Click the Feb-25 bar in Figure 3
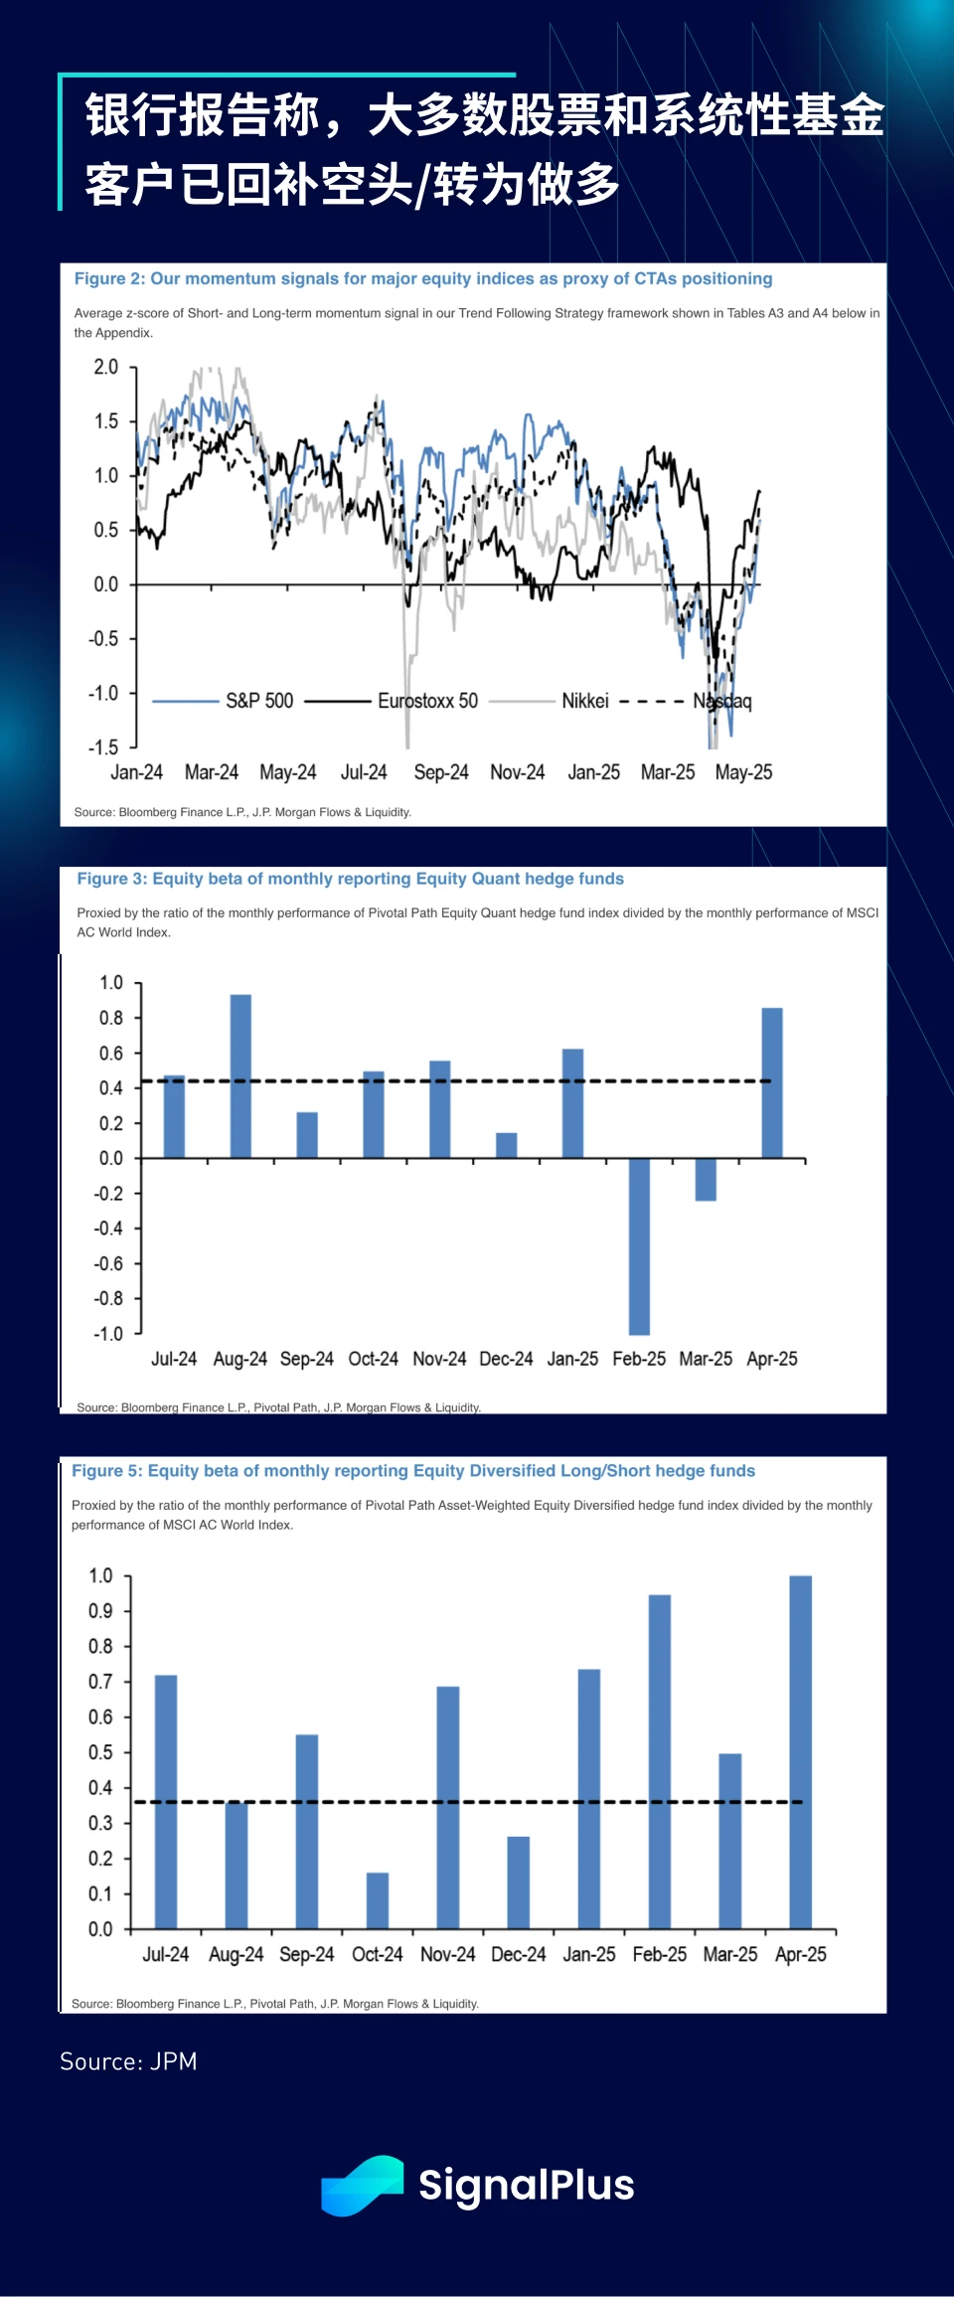click(x=639, y=1245)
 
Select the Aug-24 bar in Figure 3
click(x=240, y=1075)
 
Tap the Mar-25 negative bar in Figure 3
click(x=706, y=1180)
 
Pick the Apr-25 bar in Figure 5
click(x=800, y=1751)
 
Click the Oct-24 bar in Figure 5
click(x=378, y=1900)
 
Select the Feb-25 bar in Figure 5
click(x=660, y=1761)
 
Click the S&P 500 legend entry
click(x=258, y=701)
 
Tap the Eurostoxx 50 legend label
click(x=427, y=701)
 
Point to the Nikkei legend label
click(x=584, y=701)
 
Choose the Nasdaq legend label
click(x=722, y=702)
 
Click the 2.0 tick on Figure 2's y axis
click(x=105, y=367)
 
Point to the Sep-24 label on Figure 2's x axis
click(x=440, y=772)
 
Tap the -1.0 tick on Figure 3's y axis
click(x=108, y=1333)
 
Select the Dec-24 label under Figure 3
click(x=506, y=1359)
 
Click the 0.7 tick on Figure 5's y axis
click(x=100, y=1682)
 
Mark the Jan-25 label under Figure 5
click(x=589, y=1954)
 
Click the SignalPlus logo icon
click(x=363, y=2185)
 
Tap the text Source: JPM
click(x=128, y=2061)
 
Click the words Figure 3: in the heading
click(x=112, y=879)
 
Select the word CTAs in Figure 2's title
click(x=655, y=278)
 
